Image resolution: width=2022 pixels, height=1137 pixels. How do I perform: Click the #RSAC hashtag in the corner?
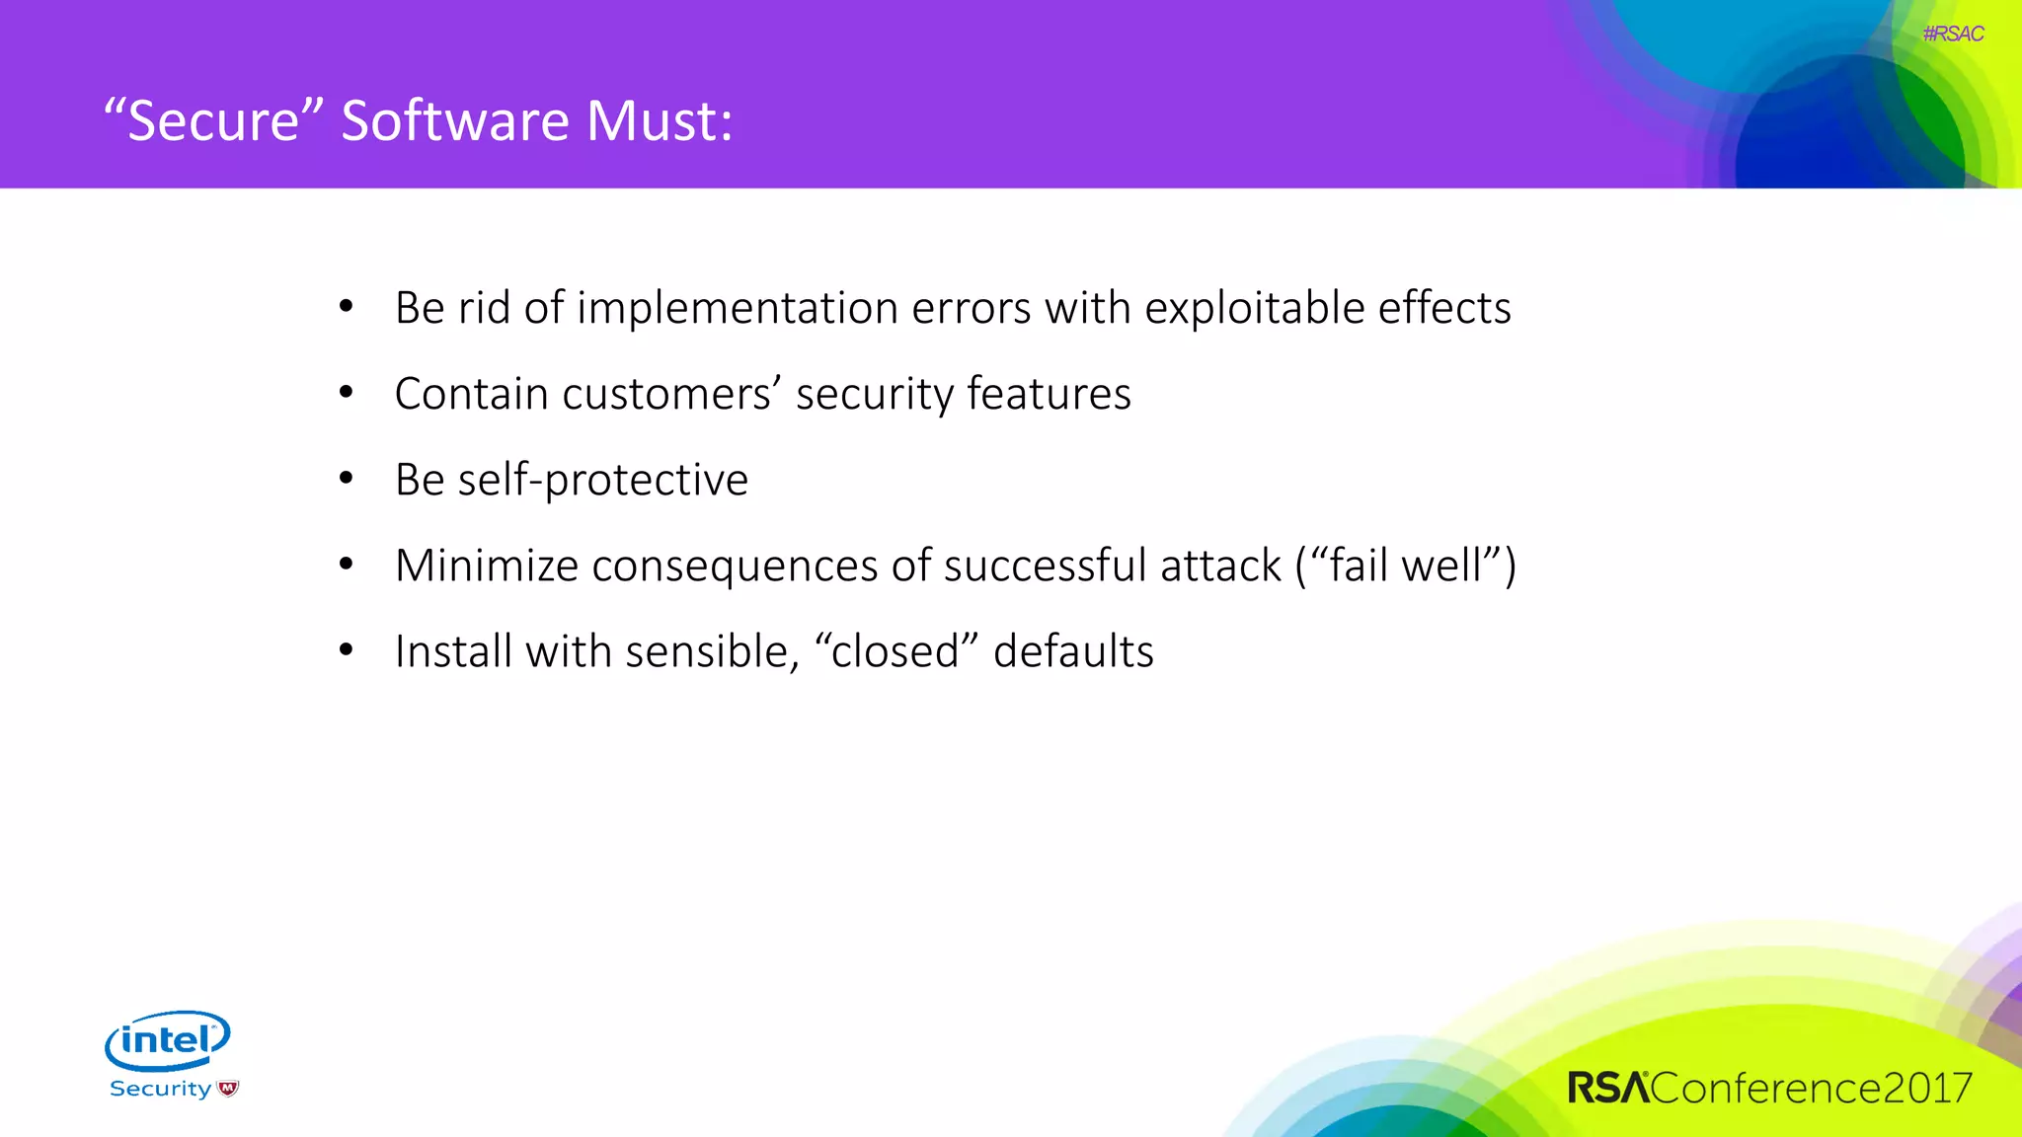click(1953, 34)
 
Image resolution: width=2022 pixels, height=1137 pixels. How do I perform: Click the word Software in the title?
click(455, 120)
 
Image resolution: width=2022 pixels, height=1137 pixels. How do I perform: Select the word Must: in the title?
click(660, 120)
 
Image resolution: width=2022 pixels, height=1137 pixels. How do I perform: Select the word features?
click(1049, 394)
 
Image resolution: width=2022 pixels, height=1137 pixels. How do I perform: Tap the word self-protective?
click(602, 480)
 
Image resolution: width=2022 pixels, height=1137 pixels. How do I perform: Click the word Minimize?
click(486, 566)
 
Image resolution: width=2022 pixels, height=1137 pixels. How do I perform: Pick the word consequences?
click(734, 566)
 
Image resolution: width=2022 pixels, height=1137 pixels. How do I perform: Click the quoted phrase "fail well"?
click(1404, 566)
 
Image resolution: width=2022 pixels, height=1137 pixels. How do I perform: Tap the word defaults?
click(1073, 651)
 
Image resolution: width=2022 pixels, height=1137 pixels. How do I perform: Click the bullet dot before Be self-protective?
click(346, 479)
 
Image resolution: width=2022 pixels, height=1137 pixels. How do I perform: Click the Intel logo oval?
click(168, 1039)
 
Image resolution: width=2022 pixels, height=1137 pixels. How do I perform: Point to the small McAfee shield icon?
click(228, 1089)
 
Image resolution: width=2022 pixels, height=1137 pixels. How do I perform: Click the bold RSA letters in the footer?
click(1608, 1088)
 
